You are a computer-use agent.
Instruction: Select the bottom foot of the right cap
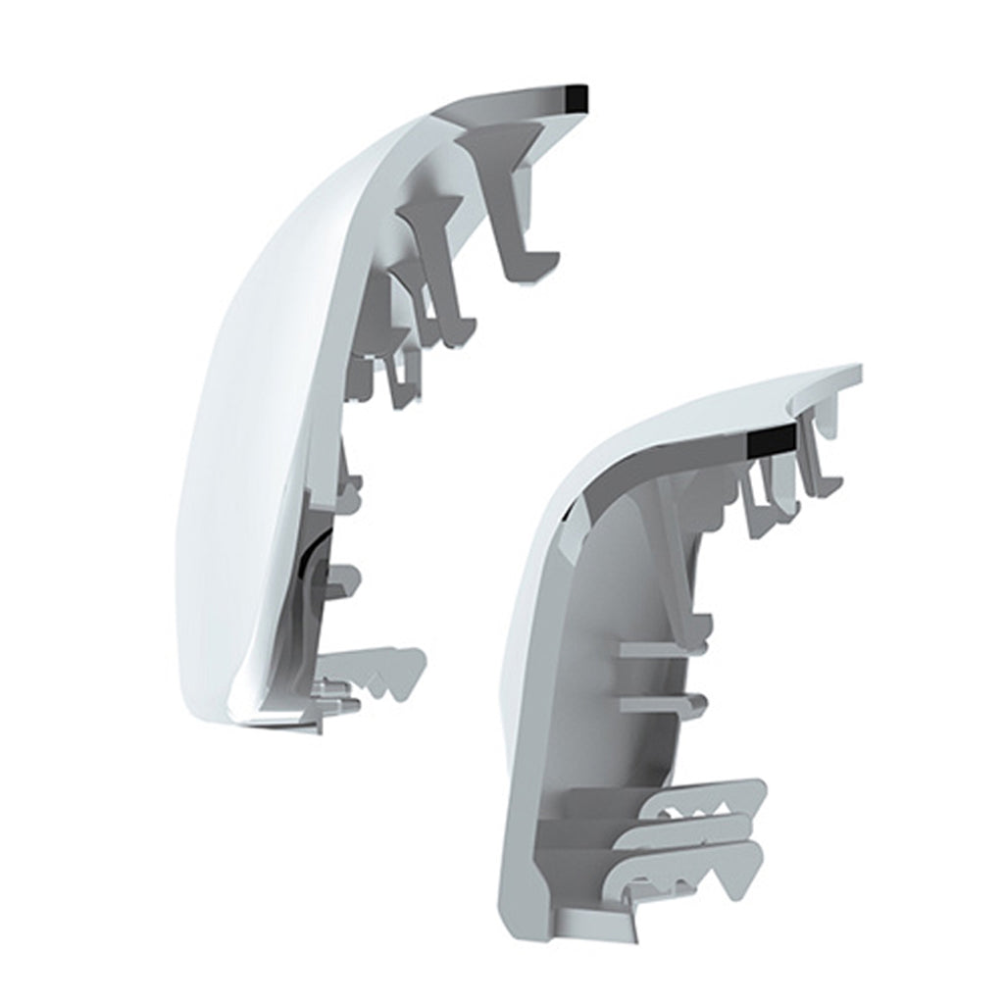(x=588, y=922)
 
